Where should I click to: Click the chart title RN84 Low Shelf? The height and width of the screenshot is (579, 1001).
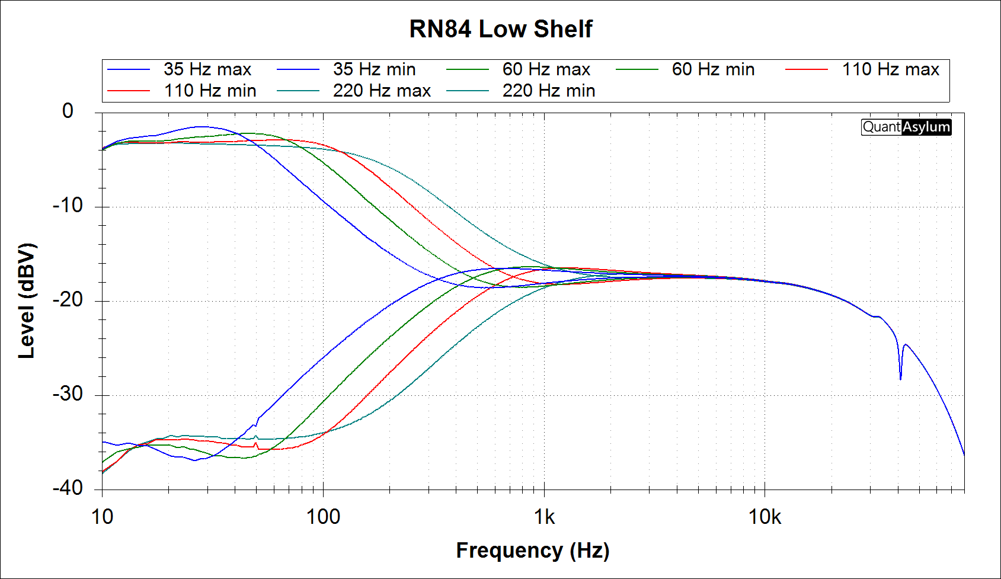[x=500, y=29]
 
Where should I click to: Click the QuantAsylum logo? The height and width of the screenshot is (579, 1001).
[x=906, y=127]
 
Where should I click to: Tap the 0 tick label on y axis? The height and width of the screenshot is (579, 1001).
[x=68, y=111]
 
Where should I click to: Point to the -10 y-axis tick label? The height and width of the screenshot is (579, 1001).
[x=68, y=206]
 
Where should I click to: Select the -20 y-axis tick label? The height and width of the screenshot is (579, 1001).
[x=68, y=300]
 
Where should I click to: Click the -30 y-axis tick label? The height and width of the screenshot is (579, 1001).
[x=68, y=394]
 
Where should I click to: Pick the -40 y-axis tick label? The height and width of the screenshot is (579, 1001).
[x=68, y=488]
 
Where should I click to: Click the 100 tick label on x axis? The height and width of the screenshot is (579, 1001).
[x=323, y=517]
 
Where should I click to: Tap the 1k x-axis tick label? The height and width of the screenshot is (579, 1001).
[x=544, y=517]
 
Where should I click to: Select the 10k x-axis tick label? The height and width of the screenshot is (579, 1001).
[x=765, y=517]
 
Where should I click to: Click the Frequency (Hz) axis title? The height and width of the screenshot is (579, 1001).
[x=532, y=550]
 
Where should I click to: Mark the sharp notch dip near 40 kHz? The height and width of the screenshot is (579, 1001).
[x=900, y=378]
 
